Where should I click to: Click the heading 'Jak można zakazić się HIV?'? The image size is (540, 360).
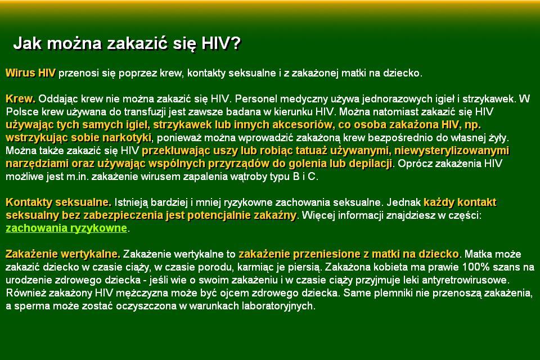(127, 44)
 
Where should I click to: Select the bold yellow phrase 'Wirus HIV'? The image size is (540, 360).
(30, 73)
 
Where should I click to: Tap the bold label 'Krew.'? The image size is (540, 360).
(20, 98)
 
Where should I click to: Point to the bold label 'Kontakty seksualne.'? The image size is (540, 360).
(58, 202)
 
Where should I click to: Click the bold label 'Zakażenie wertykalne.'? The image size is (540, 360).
(63, 254)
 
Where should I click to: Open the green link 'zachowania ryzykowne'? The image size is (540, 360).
(66, 228)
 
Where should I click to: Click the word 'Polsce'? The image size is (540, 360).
(20, 111)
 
